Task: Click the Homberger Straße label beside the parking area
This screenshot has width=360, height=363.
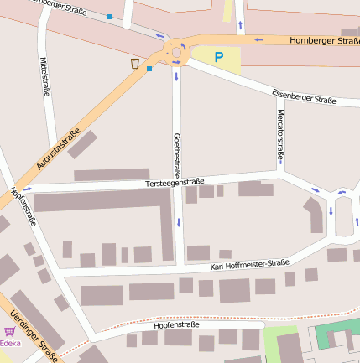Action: pos(323,39)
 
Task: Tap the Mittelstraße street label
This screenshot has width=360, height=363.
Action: pos(44,76)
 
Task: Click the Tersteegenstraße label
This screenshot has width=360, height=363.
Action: pos(174,181)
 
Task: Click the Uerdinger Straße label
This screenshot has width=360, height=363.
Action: pos(34,337)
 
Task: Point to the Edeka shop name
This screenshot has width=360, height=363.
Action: pos(10,343)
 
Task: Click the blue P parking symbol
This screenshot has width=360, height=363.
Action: pos(218,58)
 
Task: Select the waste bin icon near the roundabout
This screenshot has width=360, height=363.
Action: pos(134,63)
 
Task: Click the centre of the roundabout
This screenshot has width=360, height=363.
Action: pos(177,52)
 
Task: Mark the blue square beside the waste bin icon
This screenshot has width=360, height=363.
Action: pos(149,69)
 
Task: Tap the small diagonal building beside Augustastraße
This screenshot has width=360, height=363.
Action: pos(82,144)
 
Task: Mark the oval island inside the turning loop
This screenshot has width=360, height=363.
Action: pos(342,217)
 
